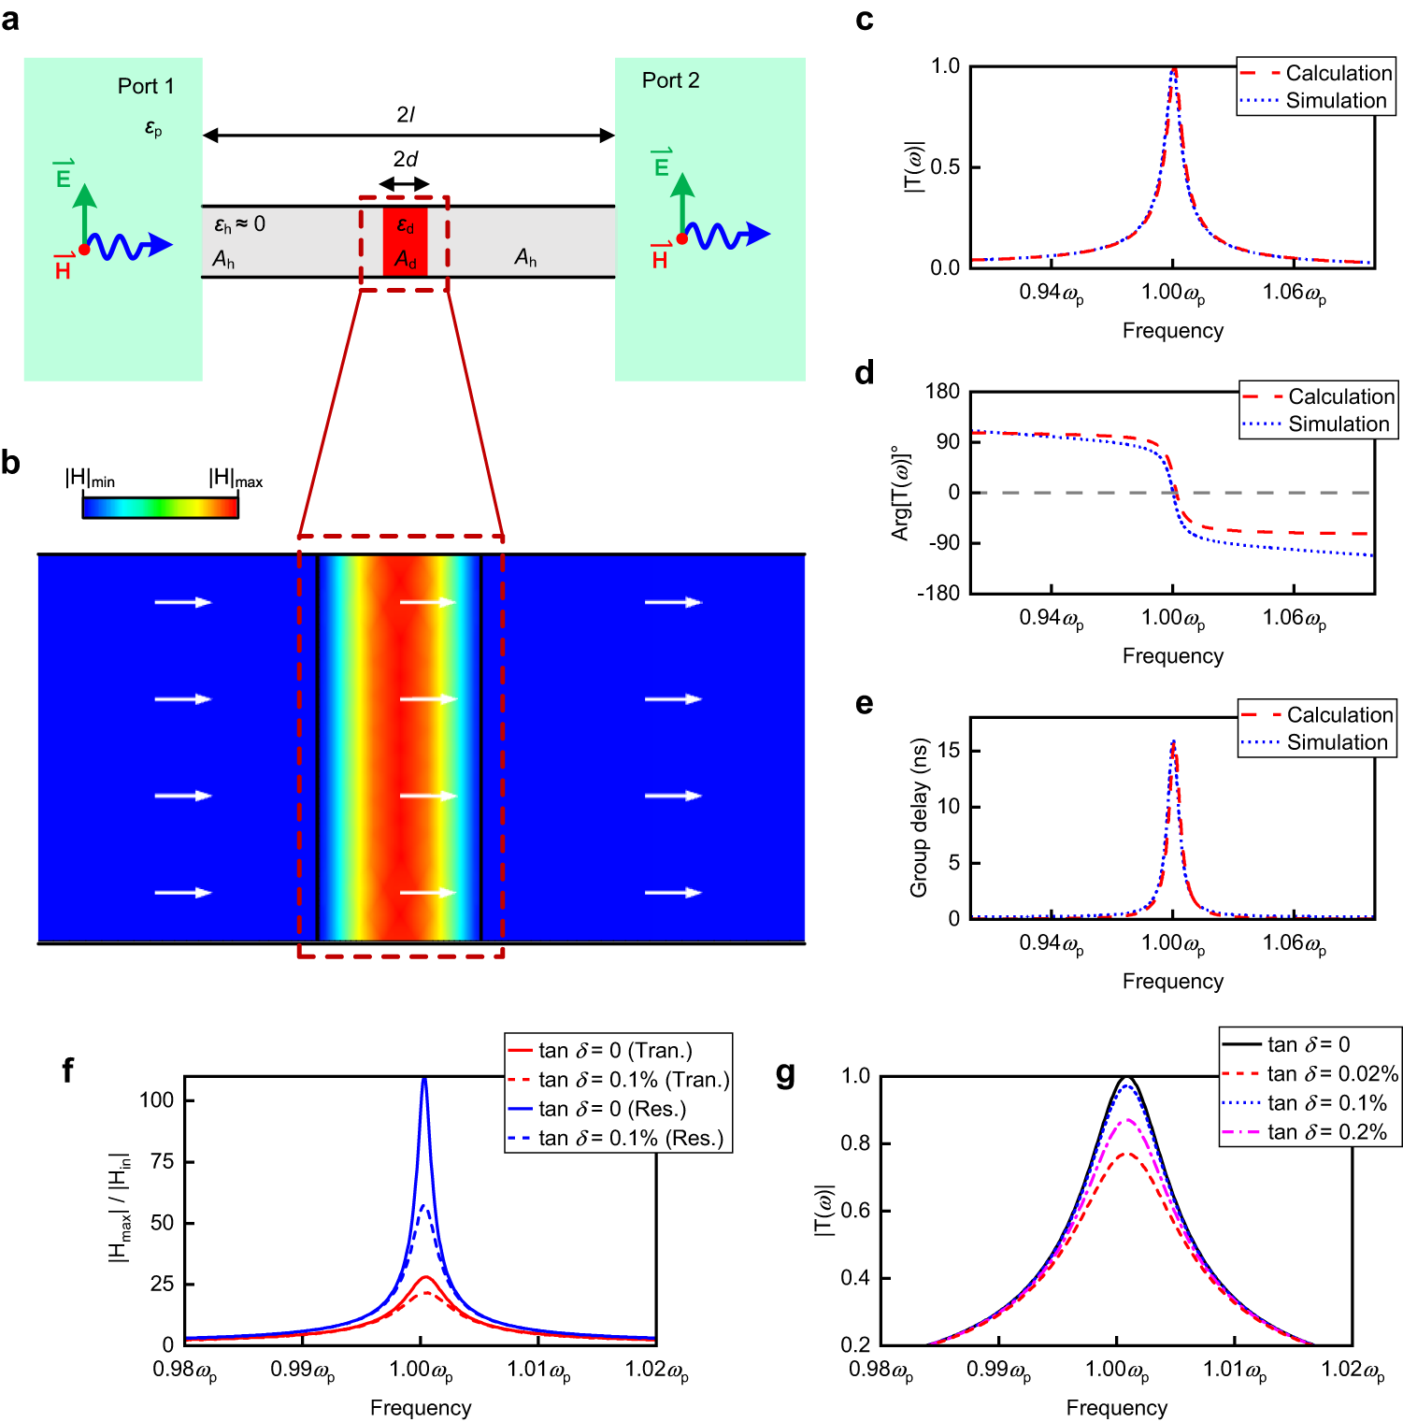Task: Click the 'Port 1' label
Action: coord(146,86)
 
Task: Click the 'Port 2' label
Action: coord(670,80)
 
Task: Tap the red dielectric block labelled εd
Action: coord(405,242)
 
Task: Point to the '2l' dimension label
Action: coord(405,114)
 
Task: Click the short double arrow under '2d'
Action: coord(404,184)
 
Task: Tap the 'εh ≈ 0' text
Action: coord(240,224)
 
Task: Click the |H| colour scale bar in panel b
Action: coord(160,507)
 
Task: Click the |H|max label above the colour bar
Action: coord(235,479)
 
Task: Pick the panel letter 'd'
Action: coord(865,373)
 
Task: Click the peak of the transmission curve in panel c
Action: coord(1173,70)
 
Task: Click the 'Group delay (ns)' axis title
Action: coord(919,817)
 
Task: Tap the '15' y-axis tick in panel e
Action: coord(949,751)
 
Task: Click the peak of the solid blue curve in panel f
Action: coord(424,1080)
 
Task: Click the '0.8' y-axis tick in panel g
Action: coord(855,1143)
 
